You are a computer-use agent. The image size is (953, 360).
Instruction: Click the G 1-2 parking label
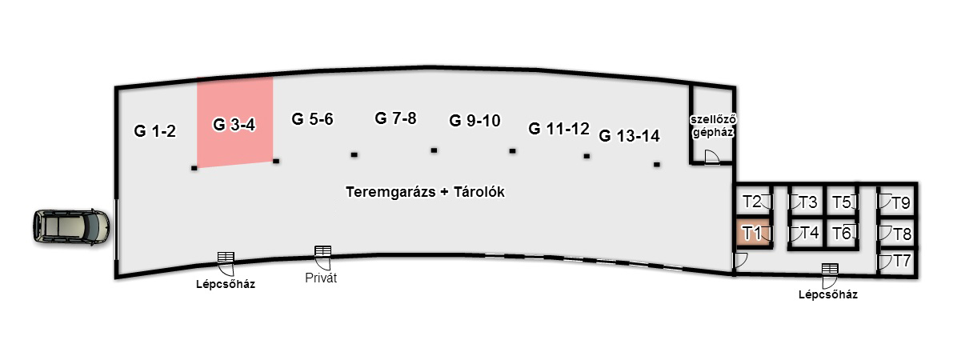[154, 131]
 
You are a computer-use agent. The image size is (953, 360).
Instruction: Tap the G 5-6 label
[312, 119]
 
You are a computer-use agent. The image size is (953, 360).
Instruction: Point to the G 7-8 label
[395, 118]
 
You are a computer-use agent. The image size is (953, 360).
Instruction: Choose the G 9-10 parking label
[474, 121]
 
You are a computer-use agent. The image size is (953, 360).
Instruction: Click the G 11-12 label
[559, 129]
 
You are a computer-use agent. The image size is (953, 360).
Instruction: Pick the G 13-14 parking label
[629, 136]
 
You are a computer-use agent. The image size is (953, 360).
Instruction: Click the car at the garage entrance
[70, 227]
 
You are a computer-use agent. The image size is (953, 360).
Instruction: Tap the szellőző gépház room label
[713, 126]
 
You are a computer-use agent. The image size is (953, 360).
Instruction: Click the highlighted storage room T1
[751, 234]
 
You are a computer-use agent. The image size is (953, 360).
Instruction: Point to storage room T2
[751, 201]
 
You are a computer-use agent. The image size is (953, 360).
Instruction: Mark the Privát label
[322, 278]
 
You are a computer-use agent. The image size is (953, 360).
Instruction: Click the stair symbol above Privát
[322, 252]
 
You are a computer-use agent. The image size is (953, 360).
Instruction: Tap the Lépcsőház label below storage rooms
[827, 294]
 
